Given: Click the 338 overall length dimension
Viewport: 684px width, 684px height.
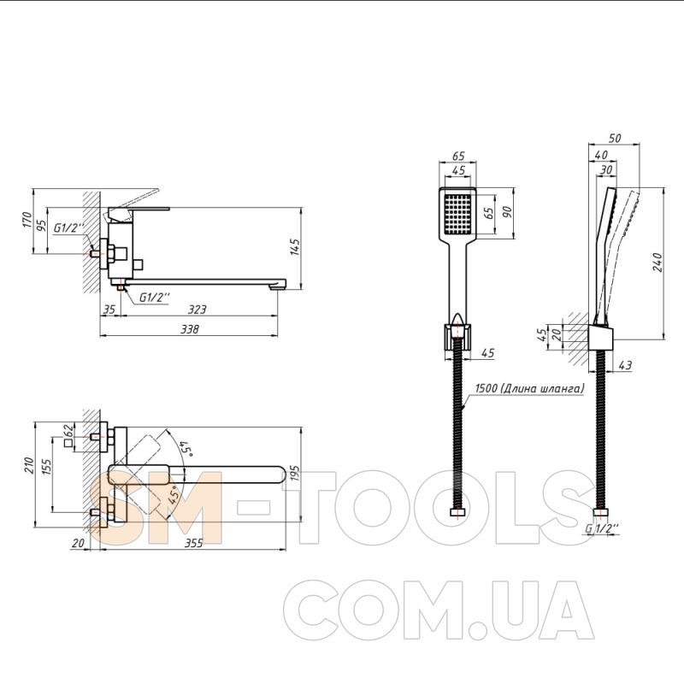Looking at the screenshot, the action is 189,329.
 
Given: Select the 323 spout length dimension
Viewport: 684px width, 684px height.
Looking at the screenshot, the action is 198,310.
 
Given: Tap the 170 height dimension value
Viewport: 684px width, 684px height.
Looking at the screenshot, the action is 27,220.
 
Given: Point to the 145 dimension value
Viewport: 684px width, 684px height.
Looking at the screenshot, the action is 295,247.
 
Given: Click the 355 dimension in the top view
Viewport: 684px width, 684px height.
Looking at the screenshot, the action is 194,543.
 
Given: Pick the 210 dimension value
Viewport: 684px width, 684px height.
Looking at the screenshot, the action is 29,465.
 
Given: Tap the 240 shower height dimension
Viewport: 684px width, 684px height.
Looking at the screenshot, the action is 657,262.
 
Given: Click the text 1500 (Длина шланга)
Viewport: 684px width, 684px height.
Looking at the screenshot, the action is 529,388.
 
